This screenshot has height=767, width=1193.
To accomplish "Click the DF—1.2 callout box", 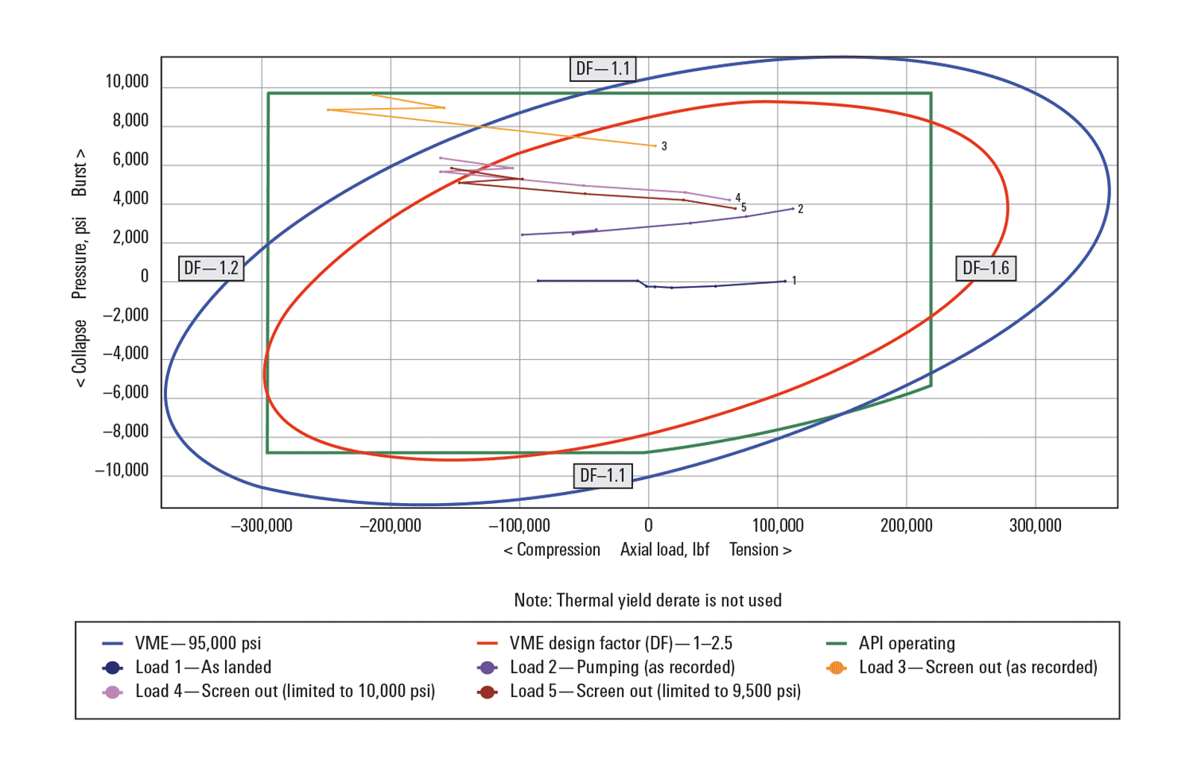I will (211, 268).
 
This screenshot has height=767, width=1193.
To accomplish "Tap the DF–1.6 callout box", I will (985, 268).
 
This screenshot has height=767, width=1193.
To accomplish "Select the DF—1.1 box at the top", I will (602, 69).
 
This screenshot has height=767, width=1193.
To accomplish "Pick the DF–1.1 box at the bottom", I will (602, 476).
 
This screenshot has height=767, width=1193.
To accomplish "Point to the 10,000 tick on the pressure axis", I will (127, 82).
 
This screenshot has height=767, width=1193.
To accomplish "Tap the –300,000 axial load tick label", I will (261, 525).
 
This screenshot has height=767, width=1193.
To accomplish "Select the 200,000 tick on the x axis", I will (906, 525).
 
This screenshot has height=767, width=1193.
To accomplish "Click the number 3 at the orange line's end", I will (664, 147).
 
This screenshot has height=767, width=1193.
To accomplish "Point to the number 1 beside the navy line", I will (794, 281).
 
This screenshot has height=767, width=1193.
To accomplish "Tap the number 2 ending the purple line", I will (800, 209).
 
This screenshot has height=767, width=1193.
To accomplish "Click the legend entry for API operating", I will (906, 643).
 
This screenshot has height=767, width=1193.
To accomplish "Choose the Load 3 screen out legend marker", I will (837, 668).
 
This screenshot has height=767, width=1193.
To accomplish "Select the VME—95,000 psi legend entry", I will (198, 643).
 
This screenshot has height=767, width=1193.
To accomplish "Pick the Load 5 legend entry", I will (655, 692).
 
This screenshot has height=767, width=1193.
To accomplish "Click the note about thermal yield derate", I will (647, 601).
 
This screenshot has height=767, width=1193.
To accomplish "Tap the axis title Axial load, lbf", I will (664, 550).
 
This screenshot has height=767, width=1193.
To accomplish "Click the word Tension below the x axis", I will (753, 550).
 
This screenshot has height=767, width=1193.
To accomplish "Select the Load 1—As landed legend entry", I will (203, 668).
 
